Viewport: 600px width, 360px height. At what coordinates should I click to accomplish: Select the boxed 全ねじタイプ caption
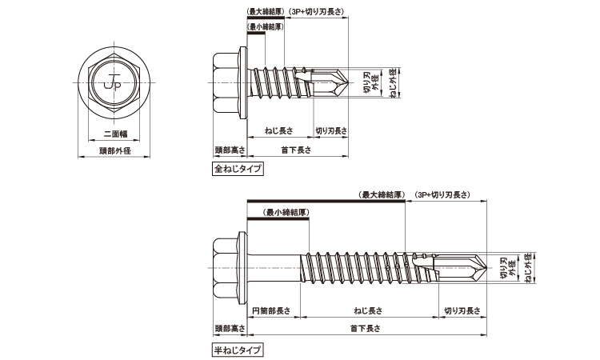pos(238,169)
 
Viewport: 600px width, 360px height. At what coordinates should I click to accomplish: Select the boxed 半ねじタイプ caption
pos(238,350)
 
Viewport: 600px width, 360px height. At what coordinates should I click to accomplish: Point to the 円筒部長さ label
pos(270,310)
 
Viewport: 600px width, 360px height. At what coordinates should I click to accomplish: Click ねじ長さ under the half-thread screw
pos(368,310)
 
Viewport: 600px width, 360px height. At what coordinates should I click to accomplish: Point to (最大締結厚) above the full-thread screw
pos(266,12)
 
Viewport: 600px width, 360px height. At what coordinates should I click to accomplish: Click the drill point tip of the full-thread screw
pos(348,82)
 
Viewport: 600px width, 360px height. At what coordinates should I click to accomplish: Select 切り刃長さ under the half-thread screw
pos(459,310)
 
